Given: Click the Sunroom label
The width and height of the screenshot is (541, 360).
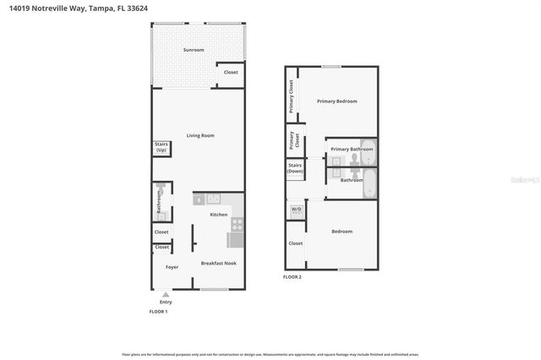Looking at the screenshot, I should coord(194,50).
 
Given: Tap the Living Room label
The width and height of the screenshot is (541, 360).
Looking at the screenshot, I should coord(200,135).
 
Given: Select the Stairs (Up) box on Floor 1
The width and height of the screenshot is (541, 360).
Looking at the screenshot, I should coord(161,147).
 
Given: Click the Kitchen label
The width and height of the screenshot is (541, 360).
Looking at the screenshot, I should coord(218,215).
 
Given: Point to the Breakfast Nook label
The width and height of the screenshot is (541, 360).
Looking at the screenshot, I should coord(218,264).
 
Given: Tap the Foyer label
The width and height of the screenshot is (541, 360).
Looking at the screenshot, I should coord(172,267).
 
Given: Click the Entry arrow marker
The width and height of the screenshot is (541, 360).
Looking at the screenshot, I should coord(166,294).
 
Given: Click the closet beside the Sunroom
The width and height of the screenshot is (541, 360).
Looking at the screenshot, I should coord(231,73).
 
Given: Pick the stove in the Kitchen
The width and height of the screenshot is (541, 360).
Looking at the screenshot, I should coord(238,225).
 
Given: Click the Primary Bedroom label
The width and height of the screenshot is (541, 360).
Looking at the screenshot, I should coord(336,101).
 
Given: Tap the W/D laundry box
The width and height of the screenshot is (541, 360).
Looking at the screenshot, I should coord(296,209).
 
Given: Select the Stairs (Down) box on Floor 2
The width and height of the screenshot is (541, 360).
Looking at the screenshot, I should coord(295,169).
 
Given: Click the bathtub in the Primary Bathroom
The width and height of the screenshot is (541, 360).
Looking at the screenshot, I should coord(368,150).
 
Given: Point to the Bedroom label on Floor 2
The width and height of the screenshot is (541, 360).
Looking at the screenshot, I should coord(342,232).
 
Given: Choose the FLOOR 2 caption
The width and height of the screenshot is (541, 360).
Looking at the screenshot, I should coord(292,277).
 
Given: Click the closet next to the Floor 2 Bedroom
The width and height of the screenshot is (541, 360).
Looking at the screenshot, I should coord(295,243).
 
